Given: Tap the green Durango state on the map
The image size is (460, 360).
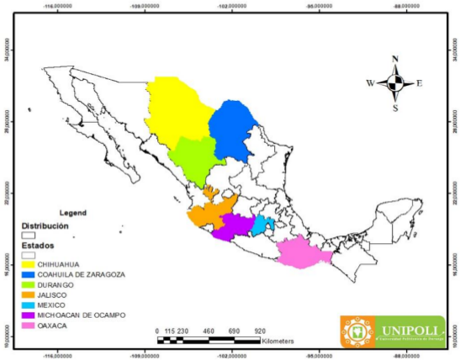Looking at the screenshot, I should pyautogui.click(x=194, y=160).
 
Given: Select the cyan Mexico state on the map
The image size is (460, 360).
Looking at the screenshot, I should pyautogui.click(x=262, y=225).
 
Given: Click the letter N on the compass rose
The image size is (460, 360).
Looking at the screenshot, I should pyautogui.click(x=395, y=60).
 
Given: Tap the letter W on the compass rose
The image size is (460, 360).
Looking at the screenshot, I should pyautogui.click(x=369, y=83).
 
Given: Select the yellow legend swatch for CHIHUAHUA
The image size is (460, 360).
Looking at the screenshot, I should pyautogui.click(x=28, y=264).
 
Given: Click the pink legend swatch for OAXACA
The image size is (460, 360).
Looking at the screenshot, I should pyautogui.click(x=28, y=324).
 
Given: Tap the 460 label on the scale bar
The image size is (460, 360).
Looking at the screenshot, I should pyautogui.click(x=209, y=331).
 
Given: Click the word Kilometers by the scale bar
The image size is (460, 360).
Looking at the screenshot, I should pyautogui.click(x=278, y=341).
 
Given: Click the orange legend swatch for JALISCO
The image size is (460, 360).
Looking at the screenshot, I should pyautogui.click(x=28, y=294).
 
